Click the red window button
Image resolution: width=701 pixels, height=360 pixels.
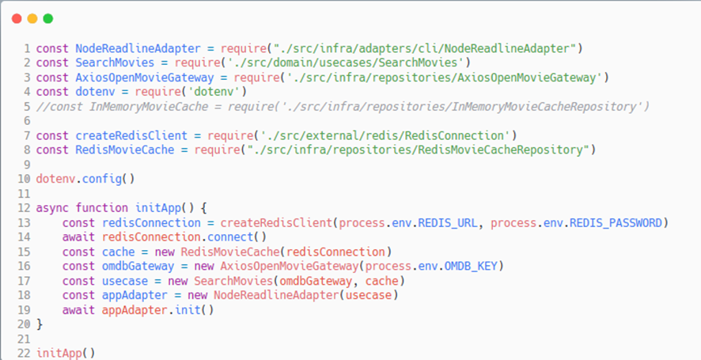(x=17, y=18)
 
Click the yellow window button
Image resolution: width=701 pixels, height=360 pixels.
(x=32, y=18)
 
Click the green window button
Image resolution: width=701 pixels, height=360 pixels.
(x=48, y=18)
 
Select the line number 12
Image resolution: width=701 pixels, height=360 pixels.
(x=25, y=208)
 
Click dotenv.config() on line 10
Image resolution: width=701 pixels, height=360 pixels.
(x=85, y=179)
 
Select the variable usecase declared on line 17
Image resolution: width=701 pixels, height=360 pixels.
(x=122, y=280)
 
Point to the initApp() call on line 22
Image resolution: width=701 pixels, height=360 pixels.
(x=66, y=353)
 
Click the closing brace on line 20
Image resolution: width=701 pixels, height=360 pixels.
(x=40, y=324)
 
